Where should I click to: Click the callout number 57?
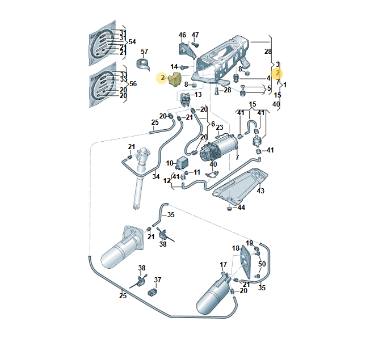tap(144, 52)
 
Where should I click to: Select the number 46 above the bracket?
tap(183, 35)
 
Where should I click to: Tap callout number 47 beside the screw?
tap(195, 35)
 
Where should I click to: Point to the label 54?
tap(132, 42)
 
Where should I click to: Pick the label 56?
tap(132, 83)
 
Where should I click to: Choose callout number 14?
tap(175, 66)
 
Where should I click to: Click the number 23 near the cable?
tap(219, 128)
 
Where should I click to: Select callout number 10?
tap(170, 163)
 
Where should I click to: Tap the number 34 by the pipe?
tap(155, 176)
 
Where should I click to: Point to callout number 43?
tap(260, 190)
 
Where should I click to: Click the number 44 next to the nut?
tap(241, 207)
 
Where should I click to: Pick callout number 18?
tap(235, 248)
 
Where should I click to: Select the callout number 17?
tap(223, 265)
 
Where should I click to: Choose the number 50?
tap(262, 265)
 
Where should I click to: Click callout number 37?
tap(158, 279)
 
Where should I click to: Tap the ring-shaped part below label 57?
tap(145, 65)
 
